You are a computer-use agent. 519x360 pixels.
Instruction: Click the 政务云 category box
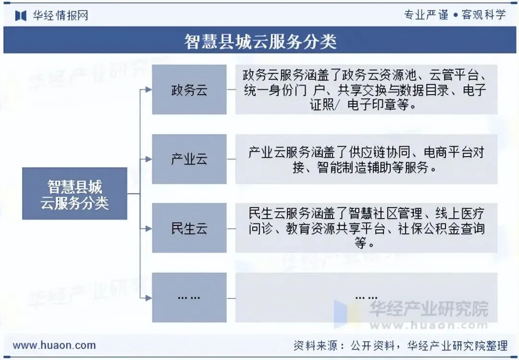click(x=189, y=90)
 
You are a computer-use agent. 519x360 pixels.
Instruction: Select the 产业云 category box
click(x=189, y=159)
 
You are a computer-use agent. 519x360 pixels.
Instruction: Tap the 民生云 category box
click(x=189, y=228)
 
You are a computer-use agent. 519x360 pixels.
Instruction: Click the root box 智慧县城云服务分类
click(x=74, y=194)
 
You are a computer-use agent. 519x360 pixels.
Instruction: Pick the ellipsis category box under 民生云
click(x=189, y=298)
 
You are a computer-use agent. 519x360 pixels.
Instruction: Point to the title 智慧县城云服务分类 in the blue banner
click(x=260, y=42)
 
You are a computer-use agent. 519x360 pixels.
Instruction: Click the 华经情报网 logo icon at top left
click(x=21, y=15)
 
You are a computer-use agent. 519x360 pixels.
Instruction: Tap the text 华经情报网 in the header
click(x=61, y=15)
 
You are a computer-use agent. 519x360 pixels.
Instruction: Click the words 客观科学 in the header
click(x=484, y=14)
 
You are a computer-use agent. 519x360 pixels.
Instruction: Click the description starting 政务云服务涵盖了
click(x=366, y=90)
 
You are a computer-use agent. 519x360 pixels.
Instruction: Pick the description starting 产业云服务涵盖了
click(x=366, y=160)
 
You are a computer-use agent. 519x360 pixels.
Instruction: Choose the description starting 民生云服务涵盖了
click(x=366, y=228)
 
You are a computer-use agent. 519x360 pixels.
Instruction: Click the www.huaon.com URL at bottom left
click(x=54, y=345)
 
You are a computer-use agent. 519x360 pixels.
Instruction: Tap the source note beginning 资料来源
click(x=400, y=345)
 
